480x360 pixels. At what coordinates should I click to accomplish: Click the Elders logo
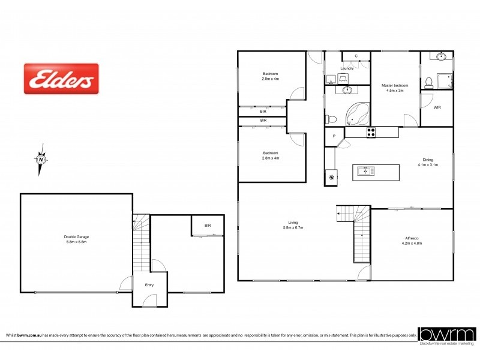[61, 79]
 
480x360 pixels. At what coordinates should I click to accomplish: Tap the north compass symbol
[40, 160]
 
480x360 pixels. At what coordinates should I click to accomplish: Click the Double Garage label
[76, 237]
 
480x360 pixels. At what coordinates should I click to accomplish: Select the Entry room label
[149, 285]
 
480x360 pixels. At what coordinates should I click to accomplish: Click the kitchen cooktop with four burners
[371, 133]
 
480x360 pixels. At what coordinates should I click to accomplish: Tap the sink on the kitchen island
[365, 171]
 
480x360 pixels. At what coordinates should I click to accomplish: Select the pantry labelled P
[334, 137]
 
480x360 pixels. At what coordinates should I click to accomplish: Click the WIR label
[437, 107]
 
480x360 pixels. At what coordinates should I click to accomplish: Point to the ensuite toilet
[428, 81]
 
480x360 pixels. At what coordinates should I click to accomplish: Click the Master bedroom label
[395, 86]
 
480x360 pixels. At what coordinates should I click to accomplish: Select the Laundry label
[347, 68]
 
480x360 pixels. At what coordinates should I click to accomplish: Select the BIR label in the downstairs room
[208, 226]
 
